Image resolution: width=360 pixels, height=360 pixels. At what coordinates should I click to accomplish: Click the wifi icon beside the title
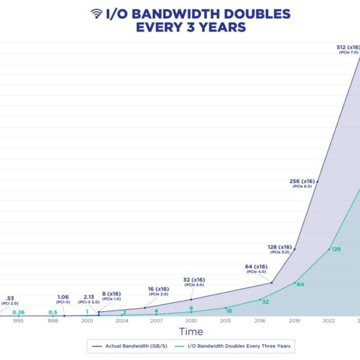97,13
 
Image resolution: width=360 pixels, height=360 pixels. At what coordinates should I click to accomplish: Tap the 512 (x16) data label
349,46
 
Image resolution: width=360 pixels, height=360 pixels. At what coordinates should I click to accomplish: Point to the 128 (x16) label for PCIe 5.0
280,247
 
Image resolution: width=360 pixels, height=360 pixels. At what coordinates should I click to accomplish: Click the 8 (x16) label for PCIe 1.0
112,294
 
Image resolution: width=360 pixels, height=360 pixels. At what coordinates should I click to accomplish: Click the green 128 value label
336,249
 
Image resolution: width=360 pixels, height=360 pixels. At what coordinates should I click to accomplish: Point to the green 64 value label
301,284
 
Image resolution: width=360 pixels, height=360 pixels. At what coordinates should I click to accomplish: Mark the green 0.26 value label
18,312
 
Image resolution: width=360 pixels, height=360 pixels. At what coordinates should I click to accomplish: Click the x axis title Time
191,332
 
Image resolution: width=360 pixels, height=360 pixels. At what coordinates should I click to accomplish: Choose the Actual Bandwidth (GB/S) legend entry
139,346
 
